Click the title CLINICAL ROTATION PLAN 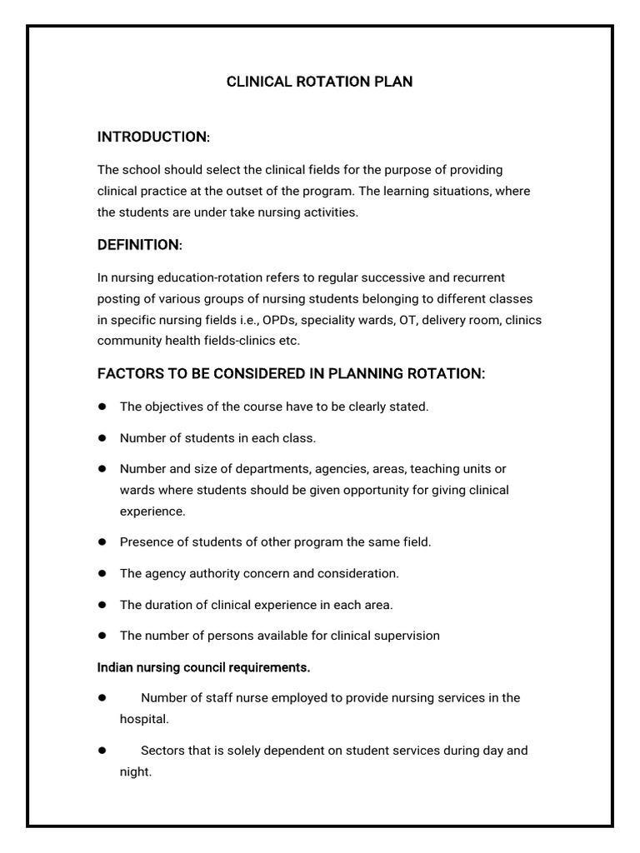coord(320,82)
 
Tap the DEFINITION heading coord(139,245)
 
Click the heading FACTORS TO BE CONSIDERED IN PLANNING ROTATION coord(291,375)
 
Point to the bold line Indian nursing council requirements coord(204,667)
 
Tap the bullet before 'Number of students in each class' coord(102,437)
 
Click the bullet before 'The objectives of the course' coord(102,407)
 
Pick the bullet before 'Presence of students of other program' coord(102,542)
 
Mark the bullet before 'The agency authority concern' coord(102,573)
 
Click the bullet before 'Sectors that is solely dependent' coord(102,751)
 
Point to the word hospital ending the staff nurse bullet coord(142,719)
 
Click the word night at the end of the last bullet coord(134,772)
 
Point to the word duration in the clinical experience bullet coord(167,605)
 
